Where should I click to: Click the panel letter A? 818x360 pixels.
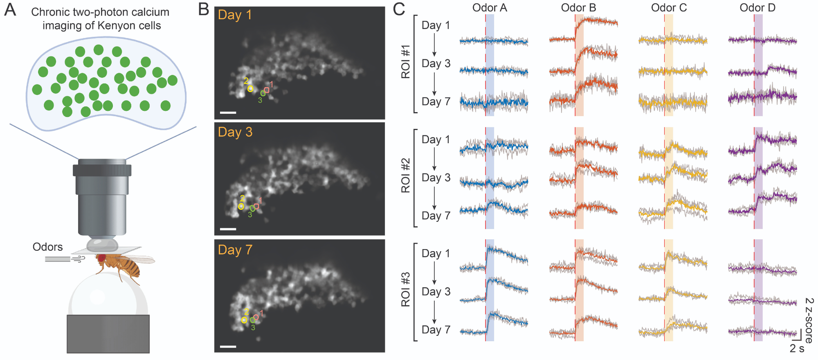click(x=10, y=10)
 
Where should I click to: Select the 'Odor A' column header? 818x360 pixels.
click(x=490, y=8)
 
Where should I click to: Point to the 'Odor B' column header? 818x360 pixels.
click(x=578, y=8)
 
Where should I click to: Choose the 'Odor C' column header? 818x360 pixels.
click(x=669, y=8)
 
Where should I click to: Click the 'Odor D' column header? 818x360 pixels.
click(x=757, y=8)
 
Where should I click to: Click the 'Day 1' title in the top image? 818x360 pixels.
click(x=235, y=15)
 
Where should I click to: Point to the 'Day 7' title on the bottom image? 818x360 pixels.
click(x=235, y=250)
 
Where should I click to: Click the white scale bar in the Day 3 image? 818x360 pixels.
click(x=228, y=229)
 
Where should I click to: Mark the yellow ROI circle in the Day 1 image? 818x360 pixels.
click(x=250, y=89)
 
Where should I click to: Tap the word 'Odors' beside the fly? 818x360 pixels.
click(x=47, y=247)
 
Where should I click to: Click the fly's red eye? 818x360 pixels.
click(x=101, y=258)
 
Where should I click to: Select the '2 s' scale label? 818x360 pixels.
click(x=797, y=349)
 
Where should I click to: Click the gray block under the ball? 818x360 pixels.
click(x=108, y=334)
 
